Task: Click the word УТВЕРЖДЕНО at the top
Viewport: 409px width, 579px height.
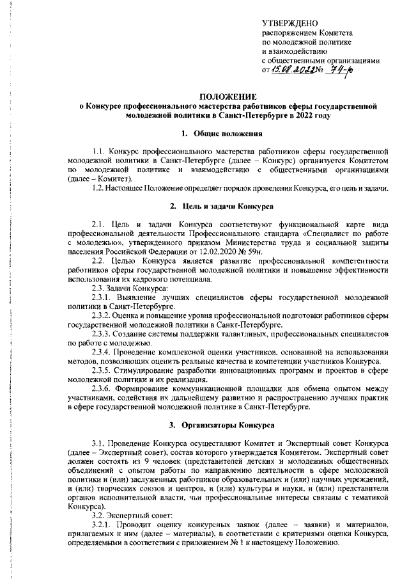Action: point(289,23)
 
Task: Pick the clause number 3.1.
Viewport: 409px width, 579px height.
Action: point(99,443)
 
